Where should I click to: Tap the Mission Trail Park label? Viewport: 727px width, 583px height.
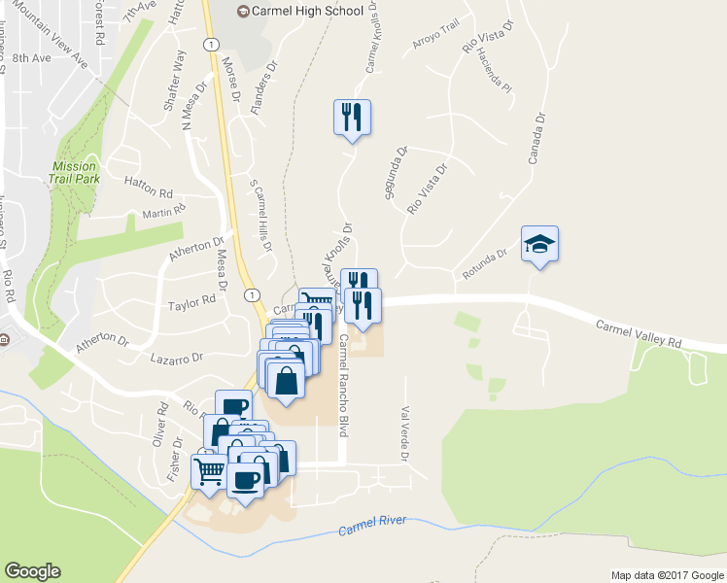(x=75, y=173)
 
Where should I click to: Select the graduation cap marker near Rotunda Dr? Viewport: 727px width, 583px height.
(x=540, y=245)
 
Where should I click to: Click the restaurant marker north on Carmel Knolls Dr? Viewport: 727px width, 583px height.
(x=352, y=118)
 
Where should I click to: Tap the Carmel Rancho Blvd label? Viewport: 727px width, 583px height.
(x=343, y=385)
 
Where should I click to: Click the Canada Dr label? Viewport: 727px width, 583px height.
(x=533, y=136)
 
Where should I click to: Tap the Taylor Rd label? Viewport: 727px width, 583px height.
(x=190, y=303)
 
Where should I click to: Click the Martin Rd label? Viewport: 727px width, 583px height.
(x=163, y=213)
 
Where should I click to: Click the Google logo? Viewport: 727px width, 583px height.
(x=32, y=571)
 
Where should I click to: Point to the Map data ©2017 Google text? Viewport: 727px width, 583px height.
(x=667, y=575)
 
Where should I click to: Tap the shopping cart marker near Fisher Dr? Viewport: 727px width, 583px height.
(x=211, y=471)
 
